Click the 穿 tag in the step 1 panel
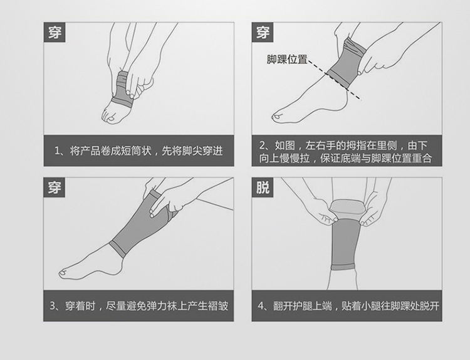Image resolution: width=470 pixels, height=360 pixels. click(55, 32)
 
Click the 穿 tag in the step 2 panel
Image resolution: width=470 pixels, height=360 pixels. click(263, 32)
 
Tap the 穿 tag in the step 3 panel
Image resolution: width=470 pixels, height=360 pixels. click(55, 188)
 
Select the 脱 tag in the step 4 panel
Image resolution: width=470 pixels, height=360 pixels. click(263, 188)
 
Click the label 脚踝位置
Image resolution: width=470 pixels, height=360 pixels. click(287, 60)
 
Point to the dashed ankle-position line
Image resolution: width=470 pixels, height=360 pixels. click(334, 80)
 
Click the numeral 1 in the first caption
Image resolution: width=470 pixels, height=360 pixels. click(57, 151)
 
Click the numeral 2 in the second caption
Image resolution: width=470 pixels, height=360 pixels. click(263, 146)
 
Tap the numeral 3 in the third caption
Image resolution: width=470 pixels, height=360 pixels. click(53, 306)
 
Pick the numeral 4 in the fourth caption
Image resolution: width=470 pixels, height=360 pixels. click(261, 306)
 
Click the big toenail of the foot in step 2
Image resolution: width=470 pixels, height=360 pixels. click(276, 117)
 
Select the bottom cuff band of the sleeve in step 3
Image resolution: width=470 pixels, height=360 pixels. click(118, 249)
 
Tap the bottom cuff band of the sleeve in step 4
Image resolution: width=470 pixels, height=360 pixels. click(343, 267)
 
